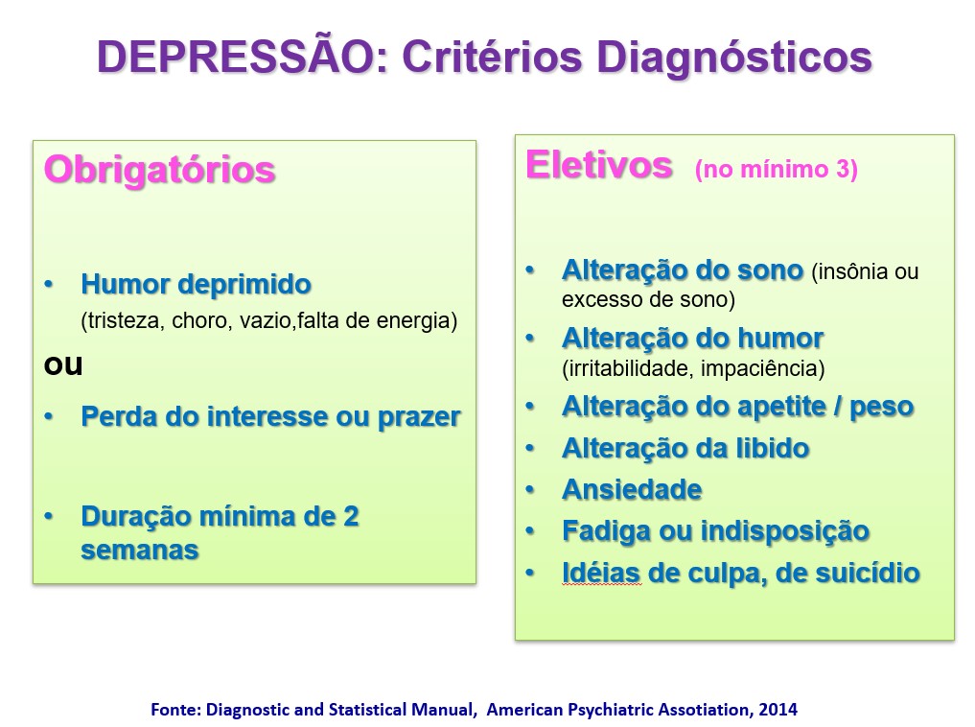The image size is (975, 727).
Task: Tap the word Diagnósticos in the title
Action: [734, 58]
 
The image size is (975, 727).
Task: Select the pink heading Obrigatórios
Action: [159, 170]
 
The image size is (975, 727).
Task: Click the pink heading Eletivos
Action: [599, 165]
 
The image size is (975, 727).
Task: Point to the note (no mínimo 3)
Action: [776, 169]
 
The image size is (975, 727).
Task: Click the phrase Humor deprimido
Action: [196, 284]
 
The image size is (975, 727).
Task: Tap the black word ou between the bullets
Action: [63, 365]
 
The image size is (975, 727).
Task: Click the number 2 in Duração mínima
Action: [351, 517]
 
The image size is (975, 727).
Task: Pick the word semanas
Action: [139, 551]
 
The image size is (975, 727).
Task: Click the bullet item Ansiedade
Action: [632, 490]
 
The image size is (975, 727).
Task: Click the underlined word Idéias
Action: [601, 574]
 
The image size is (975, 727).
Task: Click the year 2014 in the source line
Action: [778, 710]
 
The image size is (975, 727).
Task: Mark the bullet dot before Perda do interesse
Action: [49, 416]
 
